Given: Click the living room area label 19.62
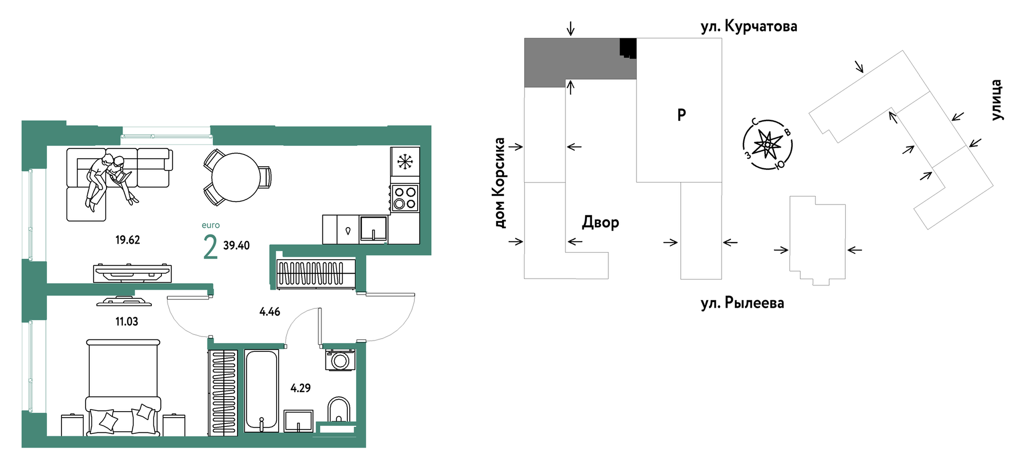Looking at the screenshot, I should coord(127,240).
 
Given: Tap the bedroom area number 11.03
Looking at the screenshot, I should coord(126,322).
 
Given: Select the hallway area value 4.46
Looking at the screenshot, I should coord(270,312).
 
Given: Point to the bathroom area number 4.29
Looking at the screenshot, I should coord(300,388).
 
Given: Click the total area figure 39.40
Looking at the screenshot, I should coord(236,246).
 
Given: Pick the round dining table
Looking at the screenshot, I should coord(236,177).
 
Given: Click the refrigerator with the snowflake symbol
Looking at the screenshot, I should coord(405,161).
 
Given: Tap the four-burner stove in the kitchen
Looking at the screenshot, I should coord(405,198).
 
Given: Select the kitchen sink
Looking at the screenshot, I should coord(373,229).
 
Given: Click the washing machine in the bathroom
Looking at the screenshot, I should coord(340,360).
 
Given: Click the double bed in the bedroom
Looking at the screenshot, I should coord(123,388).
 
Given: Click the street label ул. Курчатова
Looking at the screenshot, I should coord(749,27).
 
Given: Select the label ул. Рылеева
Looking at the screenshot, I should coord(742,303).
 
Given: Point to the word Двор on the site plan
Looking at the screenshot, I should coord(601,222).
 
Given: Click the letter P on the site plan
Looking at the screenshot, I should coord(681,115).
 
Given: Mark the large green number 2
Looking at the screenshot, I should coord(210,247).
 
